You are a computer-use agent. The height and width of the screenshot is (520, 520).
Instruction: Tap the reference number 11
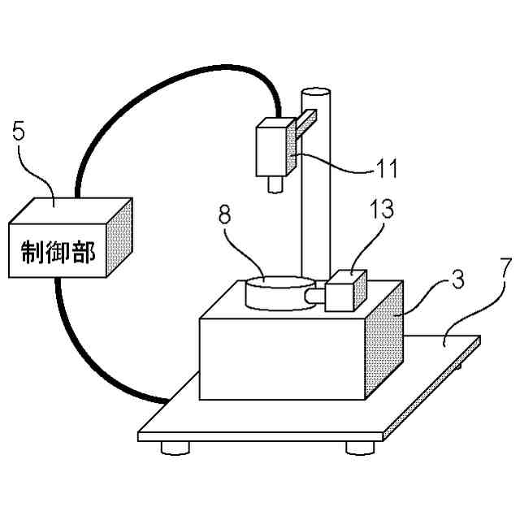[x=386, y=168]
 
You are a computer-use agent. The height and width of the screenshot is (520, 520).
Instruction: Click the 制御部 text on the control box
[x=57, y=254]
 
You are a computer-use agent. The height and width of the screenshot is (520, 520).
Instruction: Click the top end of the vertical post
[x=316, y=93]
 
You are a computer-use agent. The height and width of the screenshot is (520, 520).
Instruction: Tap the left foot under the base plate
[x=176, y=447]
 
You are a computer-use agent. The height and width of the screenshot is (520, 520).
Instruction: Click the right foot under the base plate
[x=360, y=447]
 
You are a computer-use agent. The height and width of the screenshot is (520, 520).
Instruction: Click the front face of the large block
[x=280, y=357]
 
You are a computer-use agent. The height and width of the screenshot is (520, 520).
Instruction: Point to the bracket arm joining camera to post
[x=305, y=123]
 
